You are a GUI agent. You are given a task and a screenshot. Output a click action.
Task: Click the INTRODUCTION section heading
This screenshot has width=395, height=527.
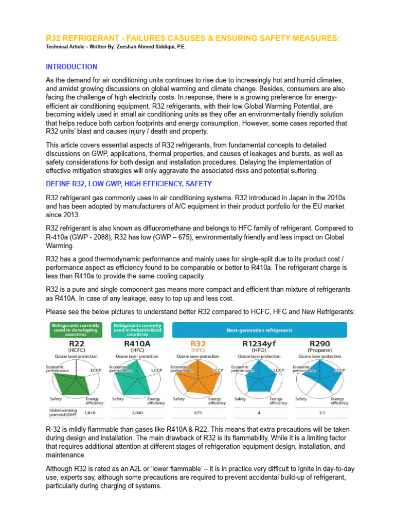tap(71, 67)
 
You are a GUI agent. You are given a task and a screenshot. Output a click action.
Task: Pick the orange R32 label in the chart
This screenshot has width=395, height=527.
tap(198, 343)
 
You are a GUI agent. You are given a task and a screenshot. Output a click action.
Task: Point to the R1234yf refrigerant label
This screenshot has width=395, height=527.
tap(259, 343)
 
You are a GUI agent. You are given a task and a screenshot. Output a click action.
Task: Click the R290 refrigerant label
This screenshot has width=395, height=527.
tap(320, 343)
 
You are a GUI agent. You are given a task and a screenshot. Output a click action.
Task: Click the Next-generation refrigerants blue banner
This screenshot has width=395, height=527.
tap(259, 329)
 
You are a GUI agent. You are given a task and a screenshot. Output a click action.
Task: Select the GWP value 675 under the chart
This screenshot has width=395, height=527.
tap(198, 412)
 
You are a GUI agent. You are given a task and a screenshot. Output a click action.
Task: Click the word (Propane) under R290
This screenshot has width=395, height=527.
tap(320, 350)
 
